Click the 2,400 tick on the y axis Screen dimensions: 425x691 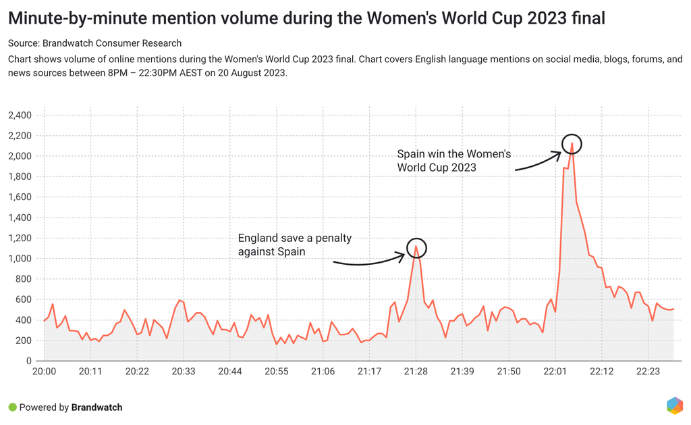tap(20, 116)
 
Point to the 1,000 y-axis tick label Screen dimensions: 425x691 tap(20, 259)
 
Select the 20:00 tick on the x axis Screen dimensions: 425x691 tap(44, 372)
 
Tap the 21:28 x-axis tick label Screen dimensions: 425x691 tap(416, 372)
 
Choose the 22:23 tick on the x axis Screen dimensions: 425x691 tap(648, 372)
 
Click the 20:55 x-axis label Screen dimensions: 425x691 tap(277, 372)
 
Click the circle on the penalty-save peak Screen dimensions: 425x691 tap(417, 248)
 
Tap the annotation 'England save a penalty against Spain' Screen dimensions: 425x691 tap(295, 245)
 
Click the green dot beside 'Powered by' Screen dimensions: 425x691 tap(12, 407)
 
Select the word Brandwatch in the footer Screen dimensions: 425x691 tap(97, 407)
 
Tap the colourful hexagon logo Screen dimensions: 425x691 tap(674, 405)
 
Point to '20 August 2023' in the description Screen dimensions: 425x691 tap(254, 73)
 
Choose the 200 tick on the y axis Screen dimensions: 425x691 tap(24, 341)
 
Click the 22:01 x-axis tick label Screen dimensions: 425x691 tap(555, 372)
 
